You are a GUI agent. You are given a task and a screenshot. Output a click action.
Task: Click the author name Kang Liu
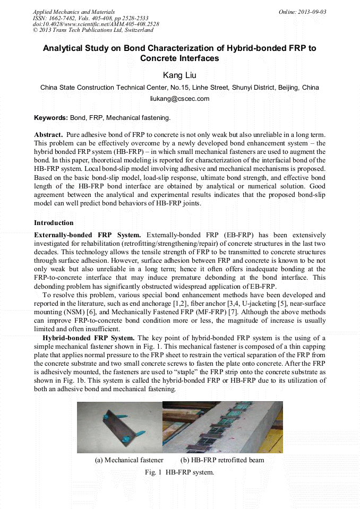click(179, 75)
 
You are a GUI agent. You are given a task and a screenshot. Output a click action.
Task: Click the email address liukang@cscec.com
click(179, 98)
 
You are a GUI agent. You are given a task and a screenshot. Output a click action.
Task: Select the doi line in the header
click(96, 24)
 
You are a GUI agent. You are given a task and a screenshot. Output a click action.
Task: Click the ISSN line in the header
click(90, 18)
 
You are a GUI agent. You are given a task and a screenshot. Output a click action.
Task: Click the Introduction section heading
click(54, 222)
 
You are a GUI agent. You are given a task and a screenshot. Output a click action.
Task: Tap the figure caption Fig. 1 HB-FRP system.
click(179, 471)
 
